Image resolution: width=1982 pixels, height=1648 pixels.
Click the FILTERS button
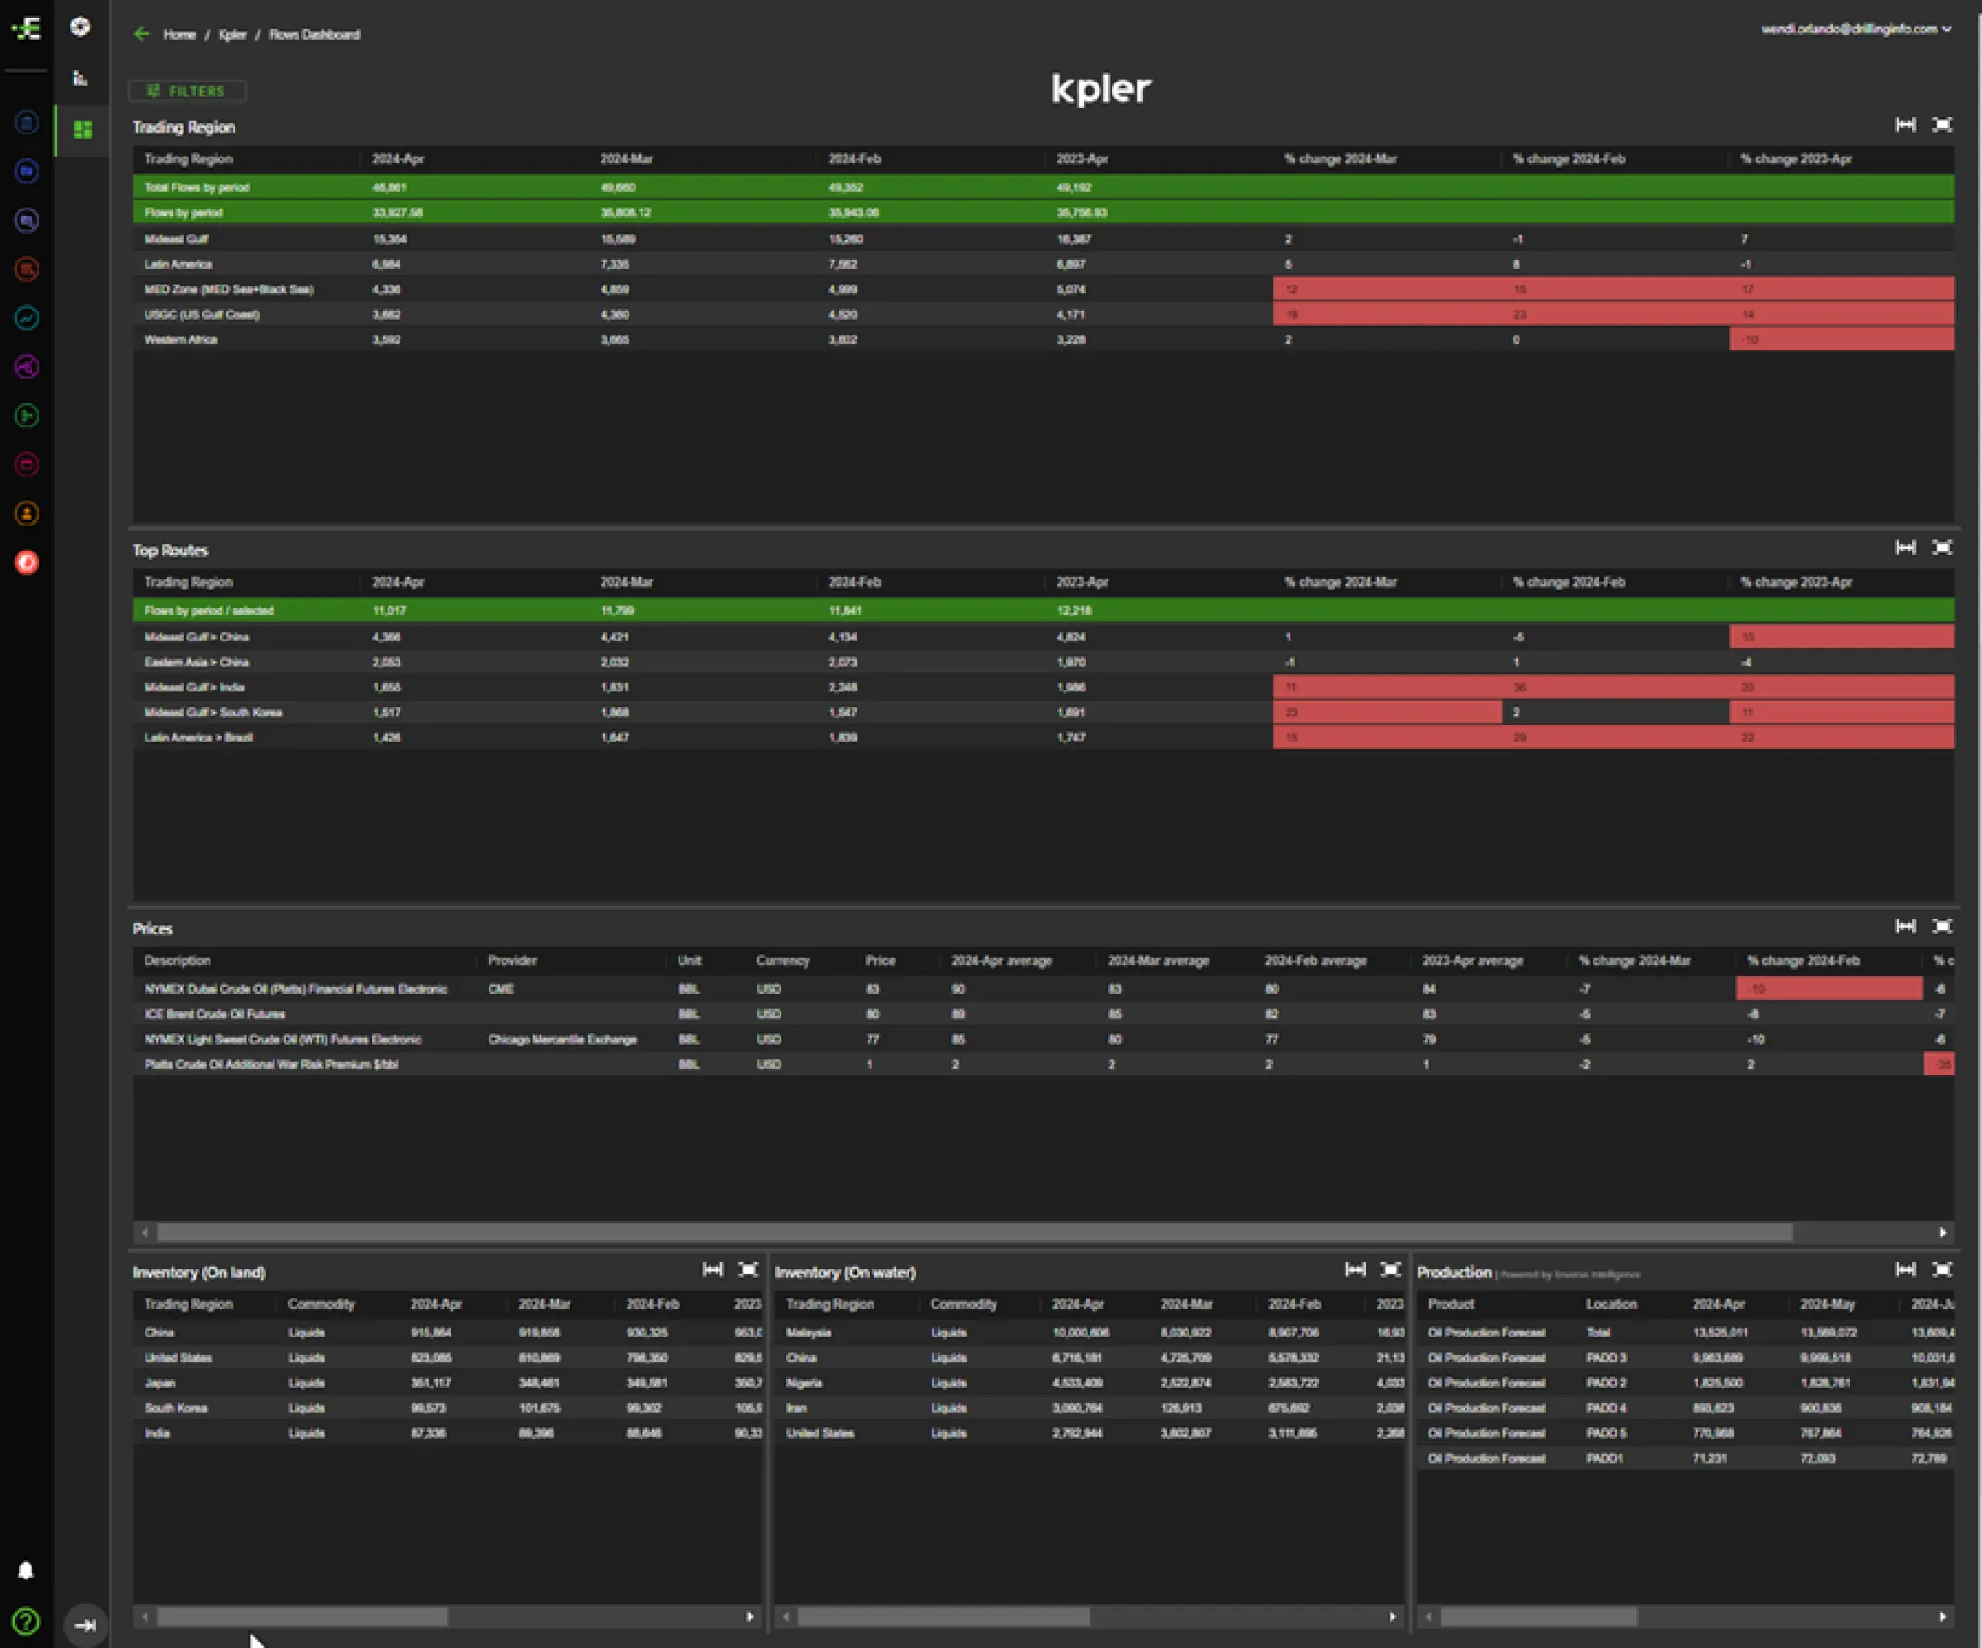[187, 92]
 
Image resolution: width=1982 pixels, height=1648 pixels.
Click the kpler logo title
[1100, 89]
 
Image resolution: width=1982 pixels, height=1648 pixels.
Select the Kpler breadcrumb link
[232, 35]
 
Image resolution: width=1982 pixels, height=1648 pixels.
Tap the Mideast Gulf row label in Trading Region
[175, 239]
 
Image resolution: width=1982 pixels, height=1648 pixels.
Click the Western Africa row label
[180, 340]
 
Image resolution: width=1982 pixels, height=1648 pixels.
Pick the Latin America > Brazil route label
[198, 738]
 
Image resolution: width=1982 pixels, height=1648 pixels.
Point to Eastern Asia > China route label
[197, 663]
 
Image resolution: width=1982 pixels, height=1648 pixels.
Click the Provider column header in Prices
[512, 961]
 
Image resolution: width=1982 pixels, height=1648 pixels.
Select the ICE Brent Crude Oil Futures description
[214, 1015]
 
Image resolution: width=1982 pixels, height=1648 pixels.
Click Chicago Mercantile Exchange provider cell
[562, 1039]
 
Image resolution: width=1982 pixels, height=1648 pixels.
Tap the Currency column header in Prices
[782, 961]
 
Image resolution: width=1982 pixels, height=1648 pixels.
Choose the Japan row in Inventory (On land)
[159, 1383]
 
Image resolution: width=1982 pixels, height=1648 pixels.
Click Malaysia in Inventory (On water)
[807, 1333]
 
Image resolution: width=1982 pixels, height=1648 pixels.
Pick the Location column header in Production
[1610, 1304]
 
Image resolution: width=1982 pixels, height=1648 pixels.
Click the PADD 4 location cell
[1606, 1408]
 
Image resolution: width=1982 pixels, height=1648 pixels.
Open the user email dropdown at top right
[1856, 30]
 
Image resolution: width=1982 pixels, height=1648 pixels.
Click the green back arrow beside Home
[143, 35]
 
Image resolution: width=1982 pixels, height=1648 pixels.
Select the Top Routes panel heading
[170, 551]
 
